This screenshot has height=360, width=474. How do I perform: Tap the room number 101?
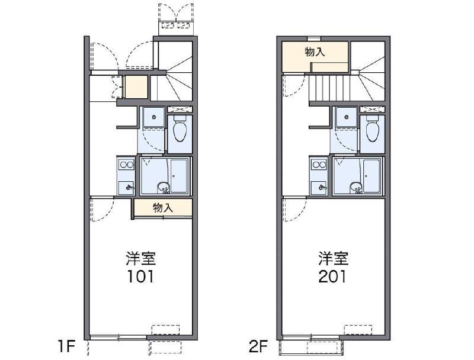pos(140,277)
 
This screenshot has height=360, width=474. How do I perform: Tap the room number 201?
pos(333,277)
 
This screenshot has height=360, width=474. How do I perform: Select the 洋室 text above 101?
pos(140,259)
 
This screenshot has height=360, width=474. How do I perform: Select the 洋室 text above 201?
pos(333,259)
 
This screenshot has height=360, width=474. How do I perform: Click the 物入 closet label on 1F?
pos(162,207)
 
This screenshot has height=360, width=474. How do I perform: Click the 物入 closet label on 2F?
pos(315,52)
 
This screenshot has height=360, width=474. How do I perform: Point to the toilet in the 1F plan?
pos(180,129)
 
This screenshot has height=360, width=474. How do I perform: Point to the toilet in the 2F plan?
pos(373,129)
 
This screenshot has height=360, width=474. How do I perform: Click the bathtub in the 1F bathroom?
pos(180,175)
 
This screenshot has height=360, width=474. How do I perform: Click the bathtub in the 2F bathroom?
pos(373,175)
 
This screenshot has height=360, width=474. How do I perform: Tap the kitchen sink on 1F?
pos(126,187)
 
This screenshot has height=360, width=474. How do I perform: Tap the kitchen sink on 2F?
pos(319,187)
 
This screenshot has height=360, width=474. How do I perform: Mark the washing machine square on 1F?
pos(154,117)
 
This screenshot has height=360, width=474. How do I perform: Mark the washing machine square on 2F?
pos(347,117)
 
